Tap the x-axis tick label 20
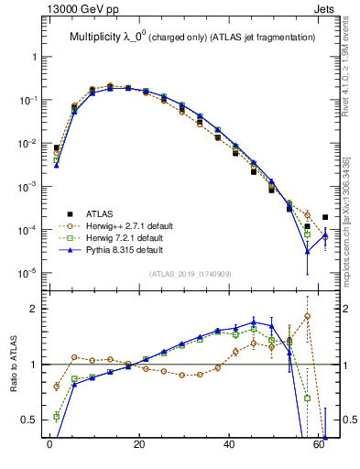(x=138, y=453)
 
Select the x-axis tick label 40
(x=228, y=453)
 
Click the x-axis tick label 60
(x=318, y=453)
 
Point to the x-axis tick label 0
(x=49, y=453)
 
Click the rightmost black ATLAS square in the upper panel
(x=325, y=217)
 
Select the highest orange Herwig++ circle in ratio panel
(x=308, y=316)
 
